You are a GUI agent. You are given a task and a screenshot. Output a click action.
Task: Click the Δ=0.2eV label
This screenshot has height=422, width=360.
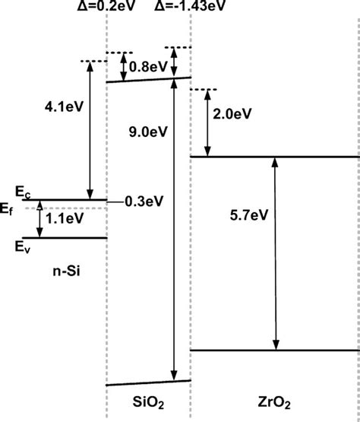point(106,6)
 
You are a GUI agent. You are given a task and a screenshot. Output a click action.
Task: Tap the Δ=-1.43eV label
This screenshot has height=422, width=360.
point(190,6)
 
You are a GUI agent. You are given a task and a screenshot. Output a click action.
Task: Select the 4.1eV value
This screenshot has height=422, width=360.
point(65,107)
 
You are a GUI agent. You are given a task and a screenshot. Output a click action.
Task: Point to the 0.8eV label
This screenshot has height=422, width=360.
point(148,67)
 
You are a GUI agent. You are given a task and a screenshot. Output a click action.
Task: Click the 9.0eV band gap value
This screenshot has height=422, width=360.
point(148,132)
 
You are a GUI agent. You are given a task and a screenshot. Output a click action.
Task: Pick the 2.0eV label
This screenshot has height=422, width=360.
point(232,114)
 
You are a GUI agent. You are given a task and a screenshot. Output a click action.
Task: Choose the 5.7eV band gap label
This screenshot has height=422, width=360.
point(249,215)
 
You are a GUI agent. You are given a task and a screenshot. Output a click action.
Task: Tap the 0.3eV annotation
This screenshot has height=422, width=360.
point(144,201)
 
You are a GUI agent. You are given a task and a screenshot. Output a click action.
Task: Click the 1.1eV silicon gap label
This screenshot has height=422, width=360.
point(65,218)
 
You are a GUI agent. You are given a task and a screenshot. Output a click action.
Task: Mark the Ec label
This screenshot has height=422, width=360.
point(23,192)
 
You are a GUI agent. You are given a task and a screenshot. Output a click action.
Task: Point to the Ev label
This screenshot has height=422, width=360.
point(23,247)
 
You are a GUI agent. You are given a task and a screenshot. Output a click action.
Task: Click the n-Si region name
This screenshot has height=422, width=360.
point(66,271)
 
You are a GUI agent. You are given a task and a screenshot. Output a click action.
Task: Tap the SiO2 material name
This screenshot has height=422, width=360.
point(148,403)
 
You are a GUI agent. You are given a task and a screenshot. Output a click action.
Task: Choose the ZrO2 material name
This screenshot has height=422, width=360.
point(274,403)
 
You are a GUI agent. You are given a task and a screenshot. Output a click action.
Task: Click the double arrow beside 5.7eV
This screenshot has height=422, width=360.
point(275,253)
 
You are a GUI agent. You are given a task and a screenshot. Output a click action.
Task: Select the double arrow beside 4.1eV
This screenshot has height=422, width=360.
point(90,131)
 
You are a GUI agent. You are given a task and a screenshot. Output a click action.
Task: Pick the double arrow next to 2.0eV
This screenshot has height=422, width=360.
point(207,123)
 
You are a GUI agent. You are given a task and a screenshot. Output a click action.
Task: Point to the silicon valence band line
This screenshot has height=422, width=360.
point(65,238)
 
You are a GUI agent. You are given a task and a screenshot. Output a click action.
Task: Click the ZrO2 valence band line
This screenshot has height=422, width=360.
point(275,351)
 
